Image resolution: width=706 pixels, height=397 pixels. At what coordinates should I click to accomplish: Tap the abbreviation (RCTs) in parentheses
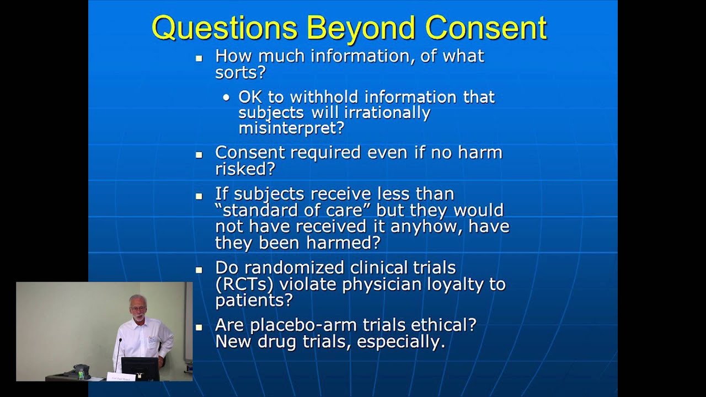244,284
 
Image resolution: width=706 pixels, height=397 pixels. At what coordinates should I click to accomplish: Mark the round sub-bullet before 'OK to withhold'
227,98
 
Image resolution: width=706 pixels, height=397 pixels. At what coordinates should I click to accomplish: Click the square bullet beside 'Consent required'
199,155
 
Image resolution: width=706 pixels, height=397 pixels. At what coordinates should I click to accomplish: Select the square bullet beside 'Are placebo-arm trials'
199,327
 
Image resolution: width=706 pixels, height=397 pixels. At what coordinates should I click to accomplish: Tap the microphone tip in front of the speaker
120,341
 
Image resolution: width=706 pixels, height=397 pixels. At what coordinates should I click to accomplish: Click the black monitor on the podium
140,368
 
